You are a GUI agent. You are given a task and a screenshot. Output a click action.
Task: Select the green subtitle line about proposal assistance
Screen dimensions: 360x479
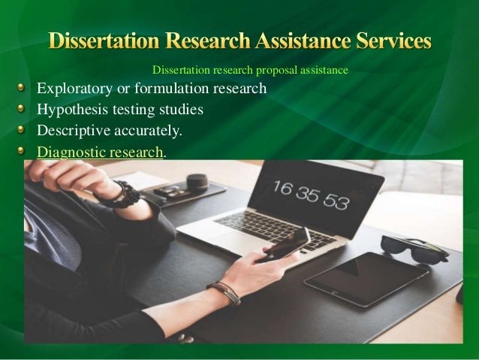250,71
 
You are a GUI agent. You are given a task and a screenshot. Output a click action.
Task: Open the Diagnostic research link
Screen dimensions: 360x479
100,151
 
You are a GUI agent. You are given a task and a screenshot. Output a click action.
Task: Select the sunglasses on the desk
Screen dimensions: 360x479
413,247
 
